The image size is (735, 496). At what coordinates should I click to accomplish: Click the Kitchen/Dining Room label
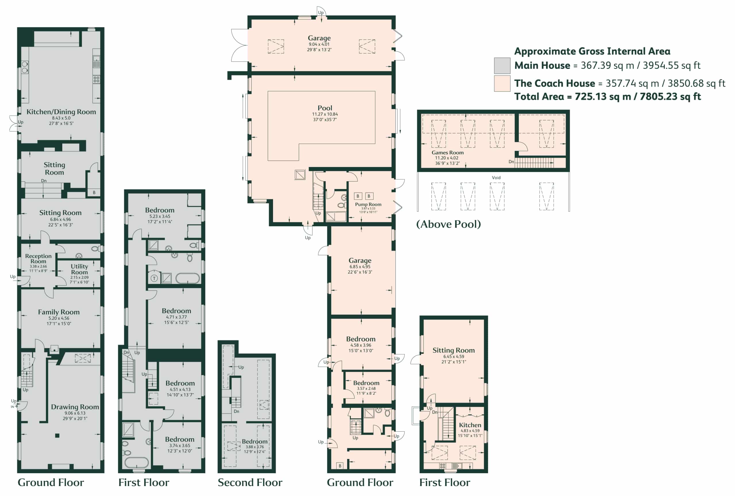pos(61,112)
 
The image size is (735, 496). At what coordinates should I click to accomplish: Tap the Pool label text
pos(325,108)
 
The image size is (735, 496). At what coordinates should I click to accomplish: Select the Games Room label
pos(448,153)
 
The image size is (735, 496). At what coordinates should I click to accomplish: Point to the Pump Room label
pos(368,205)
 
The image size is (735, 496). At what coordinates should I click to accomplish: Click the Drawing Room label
pos(75,407)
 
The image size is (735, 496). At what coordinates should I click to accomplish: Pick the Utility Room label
pos(79,269)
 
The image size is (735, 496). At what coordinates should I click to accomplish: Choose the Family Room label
pos(59,312)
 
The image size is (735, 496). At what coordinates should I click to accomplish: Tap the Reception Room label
pos(38,258)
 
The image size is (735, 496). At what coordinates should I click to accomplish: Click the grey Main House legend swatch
pos(502,66)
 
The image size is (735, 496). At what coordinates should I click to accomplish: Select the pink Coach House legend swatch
pos(502,83)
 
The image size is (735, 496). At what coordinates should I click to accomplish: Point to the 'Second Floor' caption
pos(250,483)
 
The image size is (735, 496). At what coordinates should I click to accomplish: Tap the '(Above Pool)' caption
pos(448,224)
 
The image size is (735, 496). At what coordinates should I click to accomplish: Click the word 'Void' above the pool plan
pos(496,178)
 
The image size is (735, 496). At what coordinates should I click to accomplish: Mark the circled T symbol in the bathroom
pos(154,278)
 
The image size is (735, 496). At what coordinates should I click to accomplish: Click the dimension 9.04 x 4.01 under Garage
pos(319,44)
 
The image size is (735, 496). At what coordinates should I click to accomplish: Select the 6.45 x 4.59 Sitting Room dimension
pos(454,356)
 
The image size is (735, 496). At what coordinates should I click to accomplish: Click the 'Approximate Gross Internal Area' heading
pos(592,51)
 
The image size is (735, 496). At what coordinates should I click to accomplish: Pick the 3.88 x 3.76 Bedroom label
pos(255,447)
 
